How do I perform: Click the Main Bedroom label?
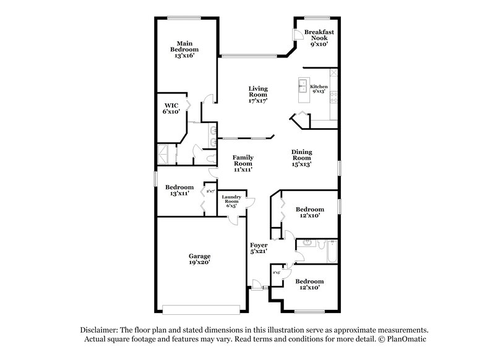pyautogui.click(x=184, y=49)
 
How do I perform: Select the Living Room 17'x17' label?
pyautogui.click(x=257, y=95)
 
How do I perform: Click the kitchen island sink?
pyautogui.click(x=304, y=84)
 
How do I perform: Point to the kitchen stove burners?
pyautogui.click(x=334, y=96)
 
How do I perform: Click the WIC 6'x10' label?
pyautogui.click(x=171, y=108)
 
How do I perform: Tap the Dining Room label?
pyautogui.click(x=301, y=158)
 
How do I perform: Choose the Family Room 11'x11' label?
pyautogui.click(x=243, y=163)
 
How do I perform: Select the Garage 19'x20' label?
pyautogui.click(x=199, y=259)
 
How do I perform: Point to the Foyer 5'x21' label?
pyautogui.click(x=258, y=249)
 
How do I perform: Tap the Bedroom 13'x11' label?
pyautogui.click(x=179, y=191)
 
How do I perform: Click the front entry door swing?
pyautogui.click(x=256, y=283)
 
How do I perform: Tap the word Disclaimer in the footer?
pyautogui.click(x=99, y=330)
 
